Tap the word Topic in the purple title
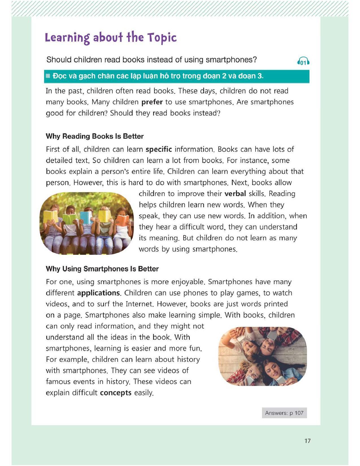pos(162,38)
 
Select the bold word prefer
pos(152,102)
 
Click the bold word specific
pos(158,149)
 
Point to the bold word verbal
pos(235,194)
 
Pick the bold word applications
pos(99,293)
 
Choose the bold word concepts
pos(116,393)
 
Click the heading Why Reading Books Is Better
pos(95,136)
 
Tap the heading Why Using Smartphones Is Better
pos(102,269)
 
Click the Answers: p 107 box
pos(284,413)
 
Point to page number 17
pos(307,441)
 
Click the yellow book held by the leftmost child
pos(51,216)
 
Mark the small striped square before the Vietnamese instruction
pos(48,76)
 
